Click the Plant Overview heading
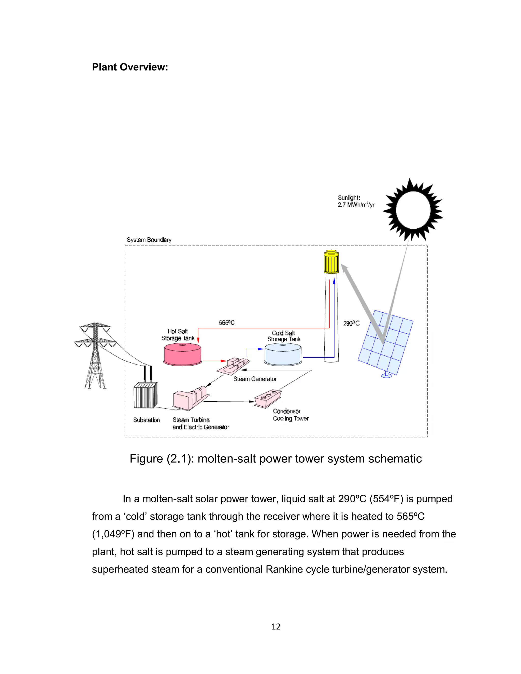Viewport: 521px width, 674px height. [130, 67]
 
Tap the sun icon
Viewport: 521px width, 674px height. [413, 210]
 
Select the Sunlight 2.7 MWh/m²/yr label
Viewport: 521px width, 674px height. [356, 201]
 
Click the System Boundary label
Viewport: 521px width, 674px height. [149, 240]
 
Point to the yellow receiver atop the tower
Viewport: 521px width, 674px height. [331, 262]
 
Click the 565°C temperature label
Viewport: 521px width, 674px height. [227, 323]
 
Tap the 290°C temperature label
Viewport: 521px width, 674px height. [351, 324]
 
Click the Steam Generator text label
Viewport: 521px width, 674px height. [255, 379]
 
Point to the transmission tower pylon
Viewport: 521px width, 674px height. [95, 355]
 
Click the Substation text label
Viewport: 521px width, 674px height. [146, 420]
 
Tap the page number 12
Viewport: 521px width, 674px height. [276, 626]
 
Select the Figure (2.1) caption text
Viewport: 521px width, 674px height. [275, 459]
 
